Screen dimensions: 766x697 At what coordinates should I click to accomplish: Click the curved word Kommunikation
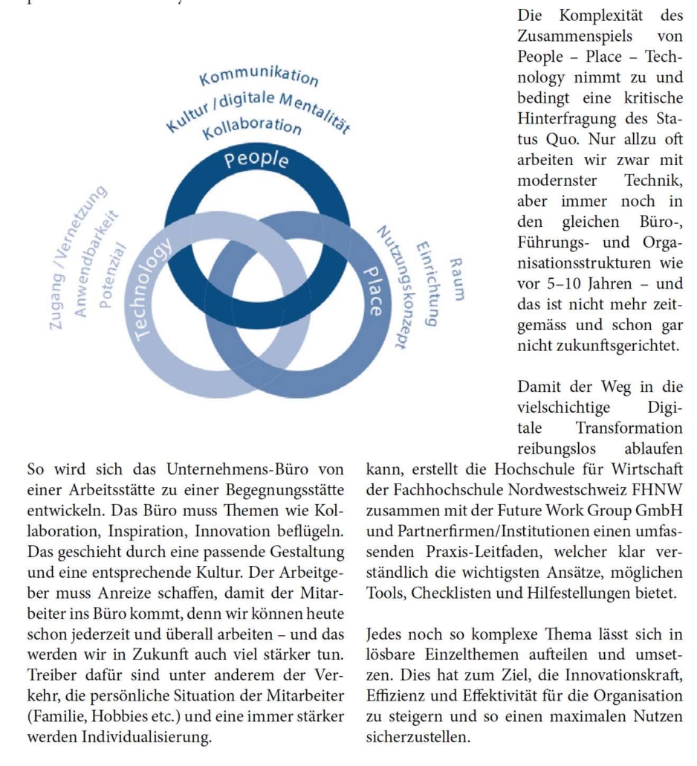pos(259,77)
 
